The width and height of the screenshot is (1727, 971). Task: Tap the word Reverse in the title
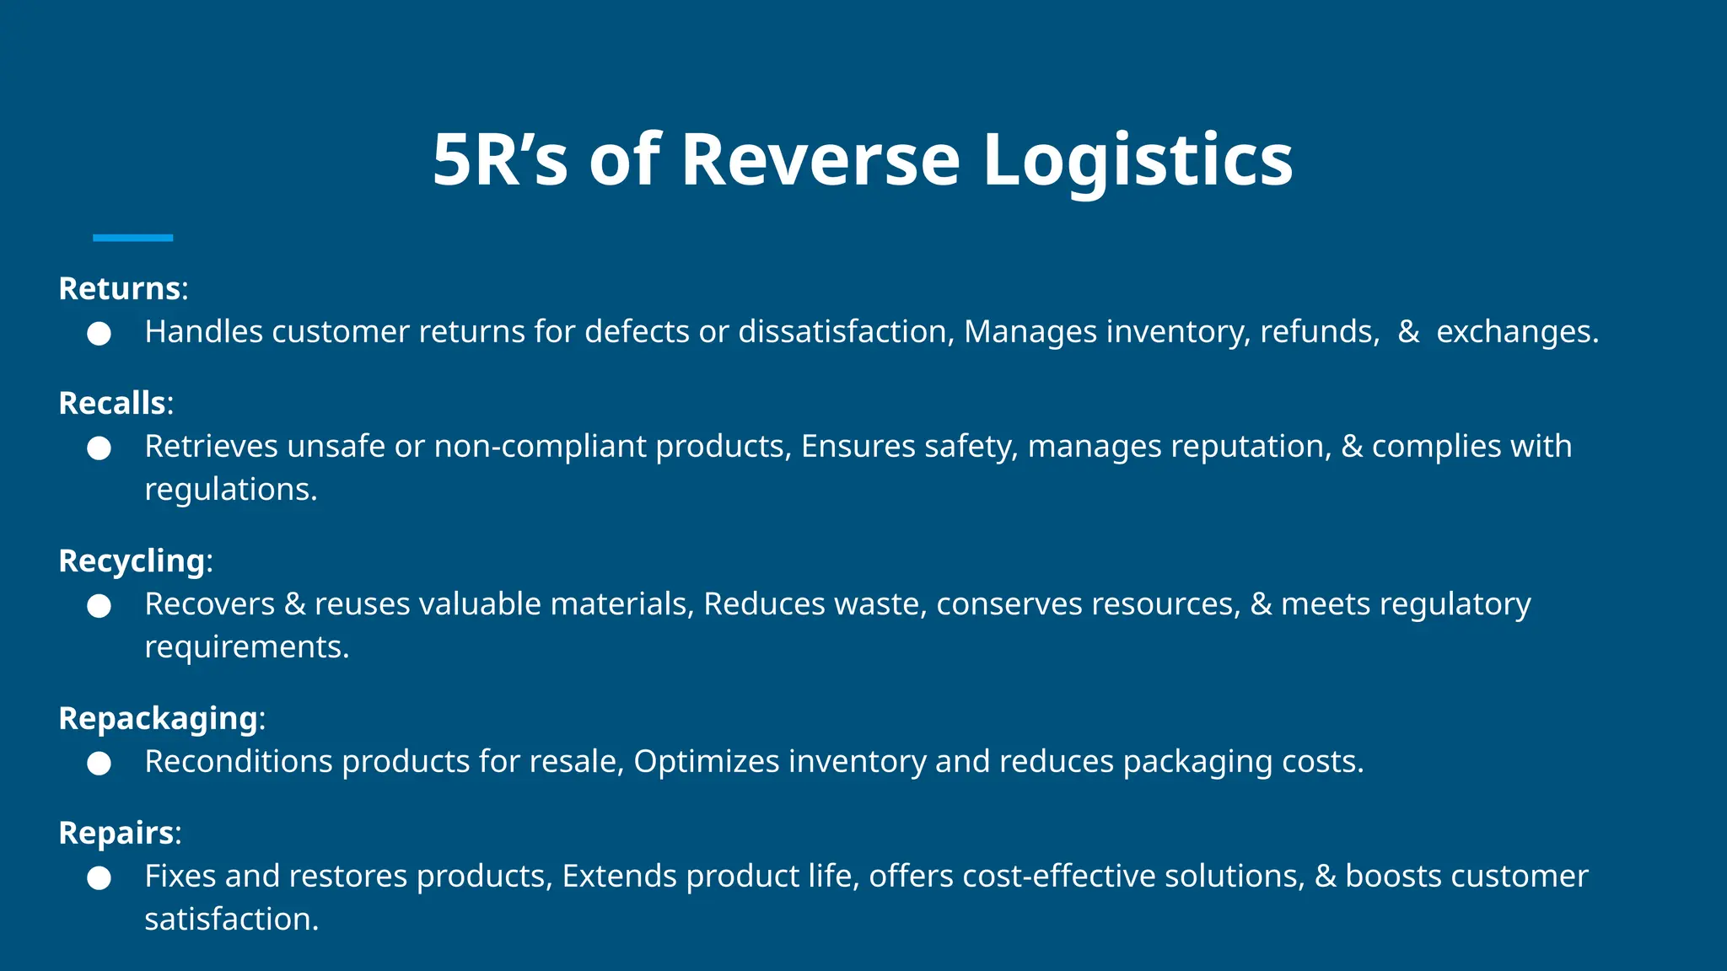pos(820,160)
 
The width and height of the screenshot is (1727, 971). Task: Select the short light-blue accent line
pos(132,238)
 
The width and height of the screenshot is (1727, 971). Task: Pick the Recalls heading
pos(112,404)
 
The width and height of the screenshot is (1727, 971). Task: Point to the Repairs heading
pos(116,834)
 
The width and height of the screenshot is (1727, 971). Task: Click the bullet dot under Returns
pos(100,334)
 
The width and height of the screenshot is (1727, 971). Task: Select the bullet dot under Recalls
pos(100,448)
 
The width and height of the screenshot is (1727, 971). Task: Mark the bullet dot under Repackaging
pos(100,764)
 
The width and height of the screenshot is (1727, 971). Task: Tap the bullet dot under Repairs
pos(100,878)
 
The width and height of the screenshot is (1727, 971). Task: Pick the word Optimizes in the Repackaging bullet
pos(706,762)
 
